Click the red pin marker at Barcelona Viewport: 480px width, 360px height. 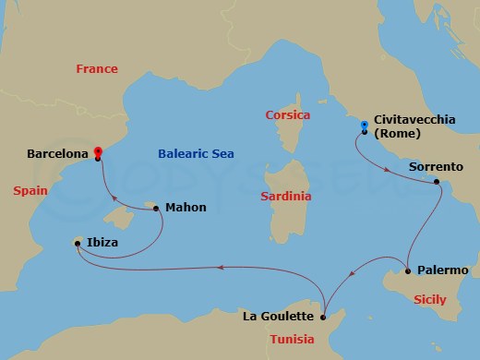[x=98, y=152]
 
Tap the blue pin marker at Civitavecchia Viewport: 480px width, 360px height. [x=365, y=126]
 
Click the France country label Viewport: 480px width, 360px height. [x=97, y=68]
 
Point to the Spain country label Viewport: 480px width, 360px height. [x=31, y=190]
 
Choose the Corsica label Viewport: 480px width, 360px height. [x=287, y=115]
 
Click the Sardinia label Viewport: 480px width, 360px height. [x=286, y=196]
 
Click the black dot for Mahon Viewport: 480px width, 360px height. [x=155, y=208]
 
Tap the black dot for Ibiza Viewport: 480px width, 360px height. [x=78, y=244]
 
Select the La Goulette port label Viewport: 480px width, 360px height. [x=278, y=317]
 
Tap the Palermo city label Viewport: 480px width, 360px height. [x=443, y=270]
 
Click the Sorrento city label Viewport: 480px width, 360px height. [x=436, y=167]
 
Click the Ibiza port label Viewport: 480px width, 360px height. [x=102, y=244]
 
